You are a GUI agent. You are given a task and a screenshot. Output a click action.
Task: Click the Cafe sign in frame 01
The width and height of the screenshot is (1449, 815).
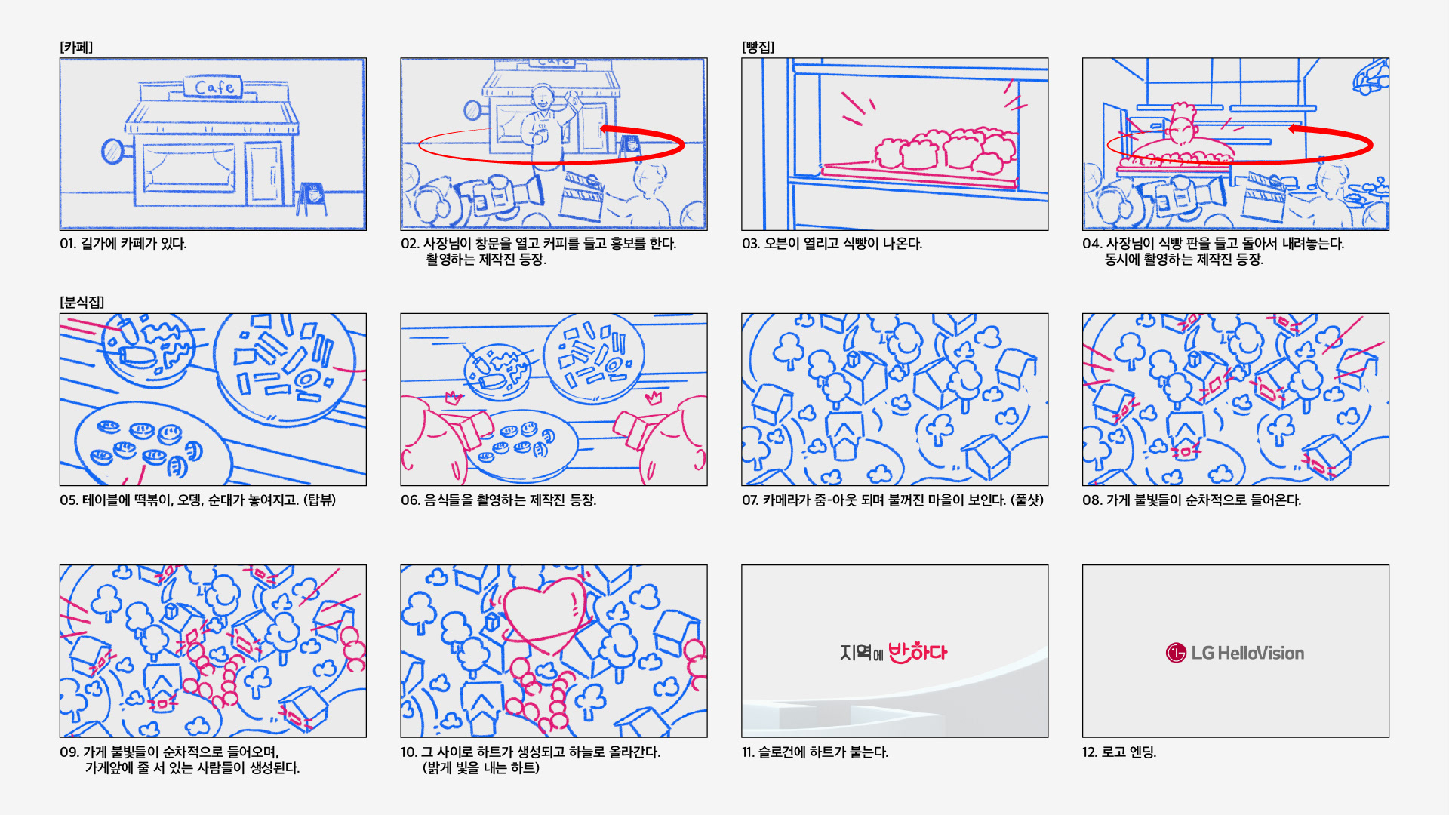[214, 87]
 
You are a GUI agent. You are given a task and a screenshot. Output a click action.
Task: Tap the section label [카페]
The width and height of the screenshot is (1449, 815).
[76, 47]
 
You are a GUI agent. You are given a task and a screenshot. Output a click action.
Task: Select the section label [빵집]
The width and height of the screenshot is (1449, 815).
[758, 47]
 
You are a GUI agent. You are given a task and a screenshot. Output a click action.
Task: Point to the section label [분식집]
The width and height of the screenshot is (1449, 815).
[82, 302]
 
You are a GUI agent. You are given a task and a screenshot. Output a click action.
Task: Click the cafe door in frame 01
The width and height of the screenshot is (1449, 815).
[265, 174]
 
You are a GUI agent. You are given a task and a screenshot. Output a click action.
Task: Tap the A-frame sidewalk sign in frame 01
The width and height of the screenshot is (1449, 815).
[311, 198]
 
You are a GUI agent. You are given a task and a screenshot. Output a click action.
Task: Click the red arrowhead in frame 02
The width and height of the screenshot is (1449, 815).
[609, 129]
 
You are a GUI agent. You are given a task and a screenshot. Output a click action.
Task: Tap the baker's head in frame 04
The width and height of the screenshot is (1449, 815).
[1182, 128]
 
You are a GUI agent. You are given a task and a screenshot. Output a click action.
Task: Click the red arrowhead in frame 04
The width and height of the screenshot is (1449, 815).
[1297, 128]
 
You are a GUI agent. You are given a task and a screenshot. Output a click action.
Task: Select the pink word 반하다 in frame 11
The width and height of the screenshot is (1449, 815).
[918, 652]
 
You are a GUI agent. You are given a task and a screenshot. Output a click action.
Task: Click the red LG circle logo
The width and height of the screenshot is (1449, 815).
[1176, 653]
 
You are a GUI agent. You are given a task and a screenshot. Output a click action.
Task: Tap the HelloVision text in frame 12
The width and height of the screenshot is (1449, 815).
[1261, 653]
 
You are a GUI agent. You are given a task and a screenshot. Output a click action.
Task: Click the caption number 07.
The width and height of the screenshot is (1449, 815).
[750, 500]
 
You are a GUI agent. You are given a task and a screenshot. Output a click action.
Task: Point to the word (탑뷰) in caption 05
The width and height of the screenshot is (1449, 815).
[320, 500]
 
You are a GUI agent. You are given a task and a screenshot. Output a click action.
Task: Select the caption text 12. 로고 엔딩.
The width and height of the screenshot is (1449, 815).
[1119, 752]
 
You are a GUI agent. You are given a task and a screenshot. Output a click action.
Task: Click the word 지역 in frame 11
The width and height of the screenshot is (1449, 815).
[856, 653]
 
